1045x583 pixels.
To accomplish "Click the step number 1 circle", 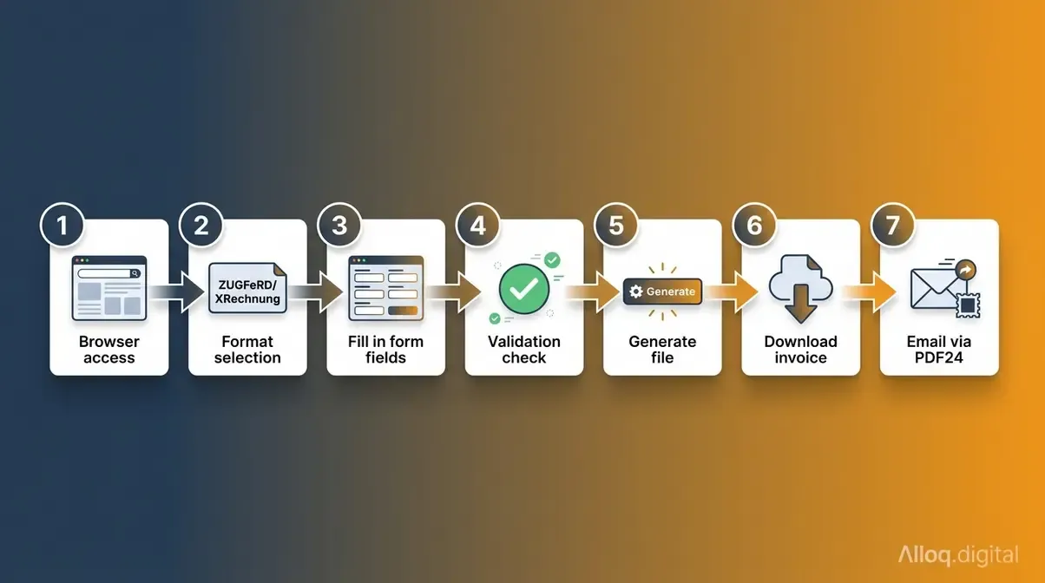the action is coord(62,226).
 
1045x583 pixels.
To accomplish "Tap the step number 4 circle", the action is coord(477,226).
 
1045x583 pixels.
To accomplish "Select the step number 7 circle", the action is coord(893,226).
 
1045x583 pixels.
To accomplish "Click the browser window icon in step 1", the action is coord(109,288).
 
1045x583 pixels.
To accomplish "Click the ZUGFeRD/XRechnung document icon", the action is coord(247,288).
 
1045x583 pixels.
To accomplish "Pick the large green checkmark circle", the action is coord(524,289).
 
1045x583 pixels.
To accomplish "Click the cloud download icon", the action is coord(800,289).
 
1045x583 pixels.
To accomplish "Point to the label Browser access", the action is coord(109,350).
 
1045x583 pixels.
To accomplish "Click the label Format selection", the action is coord(247,350).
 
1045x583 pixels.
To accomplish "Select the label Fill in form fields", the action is coord(386,350).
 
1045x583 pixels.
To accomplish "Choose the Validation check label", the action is coord(524,350).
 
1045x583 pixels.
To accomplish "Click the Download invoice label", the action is coord(800,350).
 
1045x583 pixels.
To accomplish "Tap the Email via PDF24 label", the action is coord(938,350).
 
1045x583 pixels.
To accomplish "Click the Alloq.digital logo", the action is coord(959,555).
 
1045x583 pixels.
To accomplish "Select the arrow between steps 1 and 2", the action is coord(178,292).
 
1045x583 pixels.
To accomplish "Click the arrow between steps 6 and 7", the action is coord(870,292).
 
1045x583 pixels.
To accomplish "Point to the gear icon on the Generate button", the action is coord(636,291).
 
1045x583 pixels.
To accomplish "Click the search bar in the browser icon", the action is coord(109,273).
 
